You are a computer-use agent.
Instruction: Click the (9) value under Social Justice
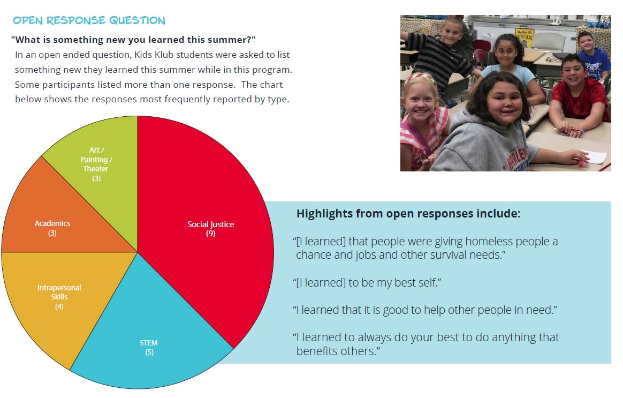coord(210,234)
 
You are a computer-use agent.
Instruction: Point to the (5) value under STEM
coord(149,352)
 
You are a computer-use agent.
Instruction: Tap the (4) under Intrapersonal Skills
coord(59,306)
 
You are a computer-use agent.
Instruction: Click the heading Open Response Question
coord(89,20)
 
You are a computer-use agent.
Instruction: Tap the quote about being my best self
coord(367,283)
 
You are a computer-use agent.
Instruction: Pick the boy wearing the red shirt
coord(578,95)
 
